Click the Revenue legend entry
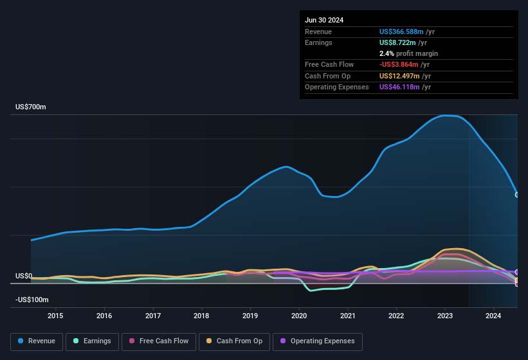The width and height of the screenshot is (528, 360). pyautogui.click(x=37, y=341)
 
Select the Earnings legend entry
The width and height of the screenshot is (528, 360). pyautogui.click(x=92, y=341)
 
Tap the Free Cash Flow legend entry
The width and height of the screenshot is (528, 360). pyautogui.click(x=159, y=341)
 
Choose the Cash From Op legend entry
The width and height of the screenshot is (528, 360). pyautogui.click(x=233, y=341)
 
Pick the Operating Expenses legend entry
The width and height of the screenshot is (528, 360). pyautogui.click(x=318, y=341)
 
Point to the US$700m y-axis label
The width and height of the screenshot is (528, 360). pyautogui.click(x=31, y=107)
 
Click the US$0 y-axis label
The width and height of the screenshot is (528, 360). pyautogui.click(x=24, y=276)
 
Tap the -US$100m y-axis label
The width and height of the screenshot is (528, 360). pyautogui.click(x=32, y=300)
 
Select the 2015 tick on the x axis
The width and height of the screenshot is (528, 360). pyautogui.click(x=55, y=316)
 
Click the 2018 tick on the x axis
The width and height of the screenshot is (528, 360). pyautogui.click(x=201, y=316)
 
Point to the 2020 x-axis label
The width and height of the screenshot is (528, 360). pyautogui.click(x=299, y=316)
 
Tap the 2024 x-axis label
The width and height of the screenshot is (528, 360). pyautogui.click(x=493, y=316)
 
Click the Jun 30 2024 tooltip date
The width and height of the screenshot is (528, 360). pyautogui.click(x=324, y=20)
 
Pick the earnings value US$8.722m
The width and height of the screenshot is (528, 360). pyautogui.click(x=397, y=42)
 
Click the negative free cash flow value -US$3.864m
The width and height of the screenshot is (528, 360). pyautogui.click(x=399, y=64)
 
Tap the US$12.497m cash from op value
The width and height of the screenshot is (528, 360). pyautogui.click(x=397, y=76)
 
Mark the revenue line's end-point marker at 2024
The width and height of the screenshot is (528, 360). pyautogui.click(x=517, y=194)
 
